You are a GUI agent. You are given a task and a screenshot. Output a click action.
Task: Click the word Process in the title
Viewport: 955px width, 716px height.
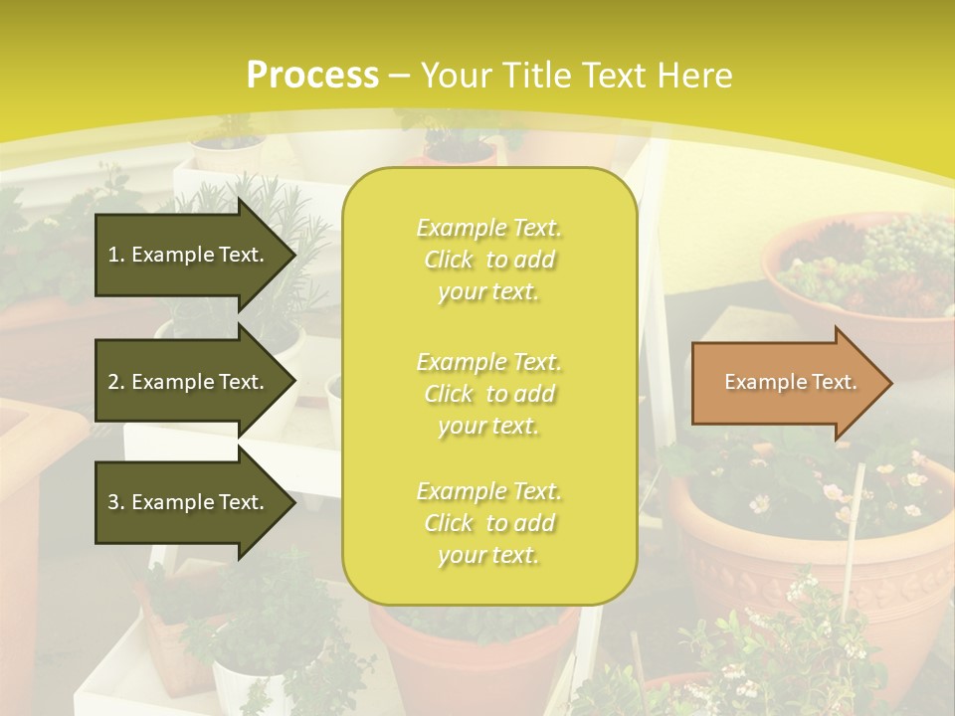pyautogui.click(x=312, y=76)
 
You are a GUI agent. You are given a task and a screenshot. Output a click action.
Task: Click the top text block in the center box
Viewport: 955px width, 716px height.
pyautogui.click(x=488, y=260)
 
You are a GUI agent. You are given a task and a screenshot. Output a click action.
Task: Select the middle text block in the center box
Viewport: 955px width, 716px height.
pyautogui.click(x=488, y=393)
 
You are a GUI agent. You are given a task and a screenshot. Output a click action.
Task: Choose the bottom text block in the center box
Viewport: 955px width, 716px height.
pyautogui.click(x=488, y=523)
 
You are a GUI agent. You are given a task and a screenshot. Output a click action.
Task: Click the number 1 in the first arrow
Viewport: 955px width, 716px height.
pyautogui.click(x=113, y=255)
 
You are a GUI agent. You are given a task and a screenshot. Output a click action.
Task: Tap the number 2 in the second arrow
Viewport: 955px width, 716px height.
pyautogui.click(x=113, y=382)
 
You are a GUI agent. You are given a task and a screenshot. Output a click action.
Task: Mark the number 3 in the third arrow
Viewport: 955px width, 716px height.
pyautogui.click(x=113, y=502)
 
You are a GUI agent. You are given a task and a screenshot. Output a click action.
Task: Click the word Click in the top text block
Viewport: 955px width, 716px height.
pyautogui.click(x=449, y=261)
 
